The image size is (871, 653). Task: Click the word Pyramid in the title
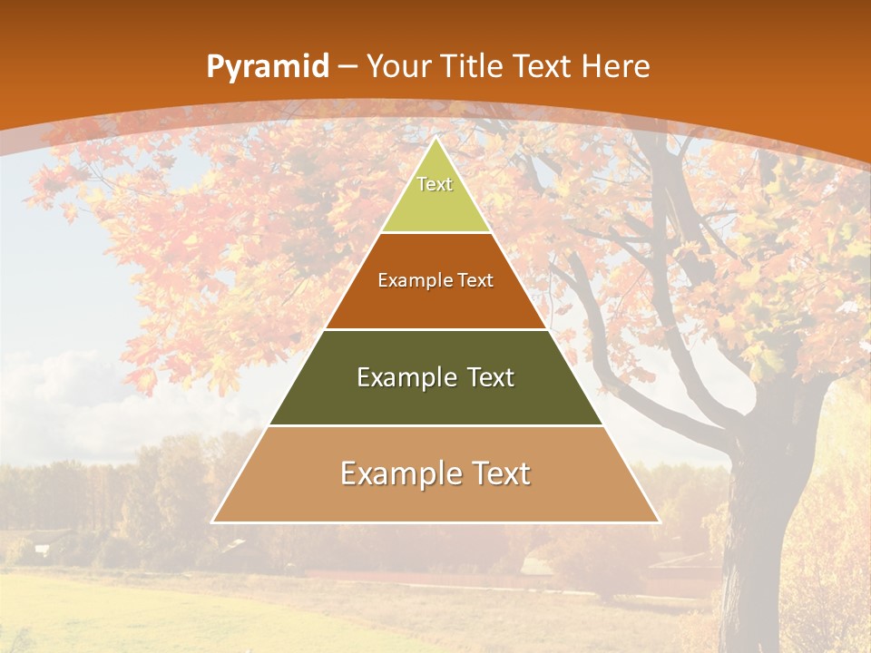pos(267,67)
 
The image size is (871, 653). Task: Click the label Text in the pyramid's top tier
pos(435,184)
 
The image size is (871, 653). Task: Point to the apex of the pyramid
pos(435,139)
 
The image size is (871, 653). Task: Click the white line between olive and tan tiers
pos(435,425)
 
